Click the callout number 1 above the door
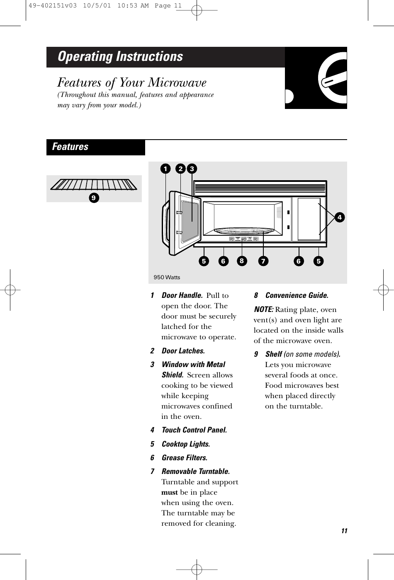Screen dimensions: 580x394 (165, 169)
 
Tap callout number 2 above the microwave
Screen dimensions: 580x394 (180, 169)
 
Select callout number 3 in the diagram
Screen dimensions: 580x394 (192, 169)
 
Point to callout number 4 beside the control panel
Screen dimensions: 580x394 (340, 217)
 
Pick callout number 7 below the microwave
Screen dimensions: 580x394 (263, 261)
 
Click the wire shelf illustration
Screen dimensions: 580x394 (94, 184)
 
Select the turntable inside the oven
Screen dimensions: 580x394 (244, 231)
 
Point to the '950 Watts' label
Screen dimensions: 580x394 (167, 277)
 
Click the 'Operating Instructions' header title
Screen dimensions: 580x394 (120, 57)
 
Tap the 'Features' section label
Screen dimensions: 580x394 (70, 147)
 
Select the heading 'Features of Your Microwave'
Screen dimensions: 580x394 (132, 83)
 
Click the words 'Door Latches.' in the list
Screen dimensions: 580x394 (183, 351)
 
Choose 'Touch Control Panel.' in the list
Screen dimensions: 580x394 (194, 430)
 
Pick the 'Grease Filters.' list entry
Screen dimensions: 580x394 (185, 458)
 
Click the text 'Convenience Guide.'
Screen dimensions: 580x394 (297, 296)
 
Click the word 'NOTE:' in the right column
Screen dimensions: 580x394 (263, 310)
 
